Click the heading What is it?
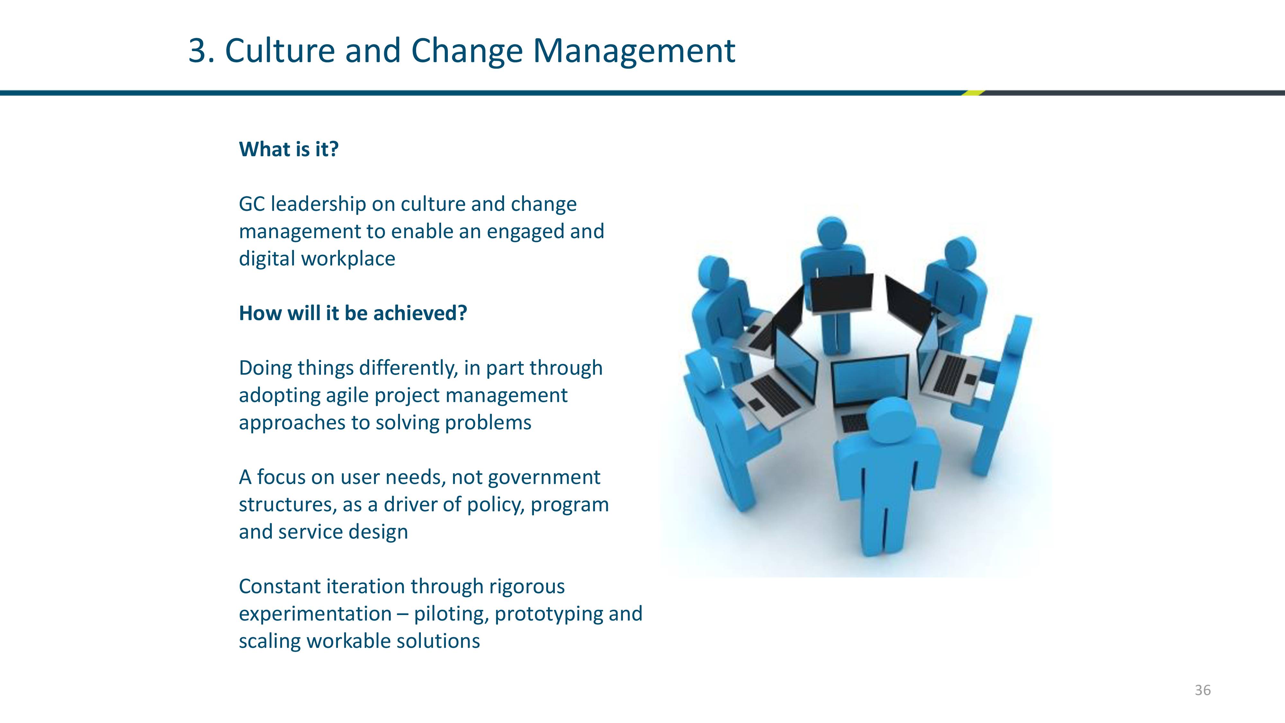tap(289, 149)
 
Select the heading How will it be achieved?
tap(353, 313)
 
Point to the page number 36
tap(1203, 690)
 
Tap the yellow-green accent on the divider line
tap(973, 93)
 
